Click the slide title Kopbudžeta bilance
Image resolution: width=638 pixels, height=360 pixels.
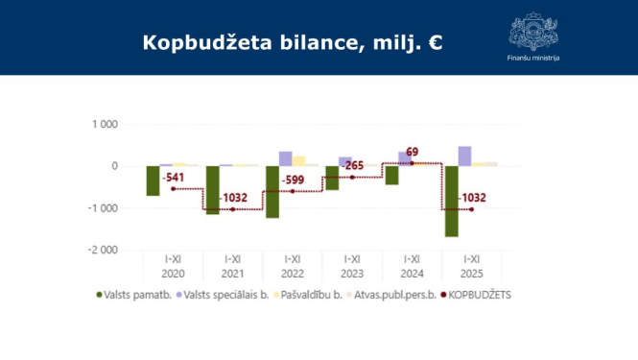[x=292, y=42]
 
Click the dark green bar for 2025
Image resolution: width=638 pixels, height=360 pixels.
[x=451, y=201]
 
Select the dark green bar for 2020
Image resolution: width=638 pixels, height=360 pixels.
[x=153, y=180]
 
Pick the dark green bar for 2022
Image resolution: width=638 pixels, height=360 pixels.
[x=272, y=192]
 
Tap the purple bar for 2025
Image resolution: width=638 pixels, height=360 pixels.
[x=464, y=156]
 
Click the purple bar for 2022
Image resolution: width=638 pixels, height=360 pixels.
[x=286, y=158]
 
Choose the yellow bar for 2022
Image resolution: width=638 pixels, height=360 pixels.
[x=299, y=161]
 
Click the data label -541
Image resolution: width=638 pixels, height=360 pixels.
[x=174, y=178]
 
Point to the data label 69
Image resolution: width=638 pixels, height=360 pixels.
[x=412, y=153]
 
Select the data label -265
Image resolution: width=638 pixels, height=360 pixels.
[x=353, y=165]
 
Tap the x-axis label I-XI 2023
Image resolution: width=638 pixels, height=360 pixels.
[x=352, y=264]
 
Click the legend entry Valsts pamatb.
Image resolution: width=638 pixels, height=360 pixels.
[x=134, y=295]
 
